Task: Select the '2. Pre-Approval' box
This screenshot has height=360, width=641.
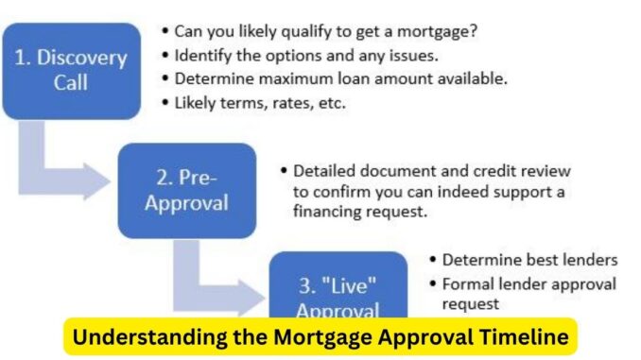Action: (186, 189)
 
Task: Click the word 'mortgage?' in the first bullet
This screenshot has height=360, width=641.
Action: (442, 31)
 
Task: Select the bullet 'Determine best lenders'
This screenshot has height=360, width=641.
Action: (529, 260)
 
